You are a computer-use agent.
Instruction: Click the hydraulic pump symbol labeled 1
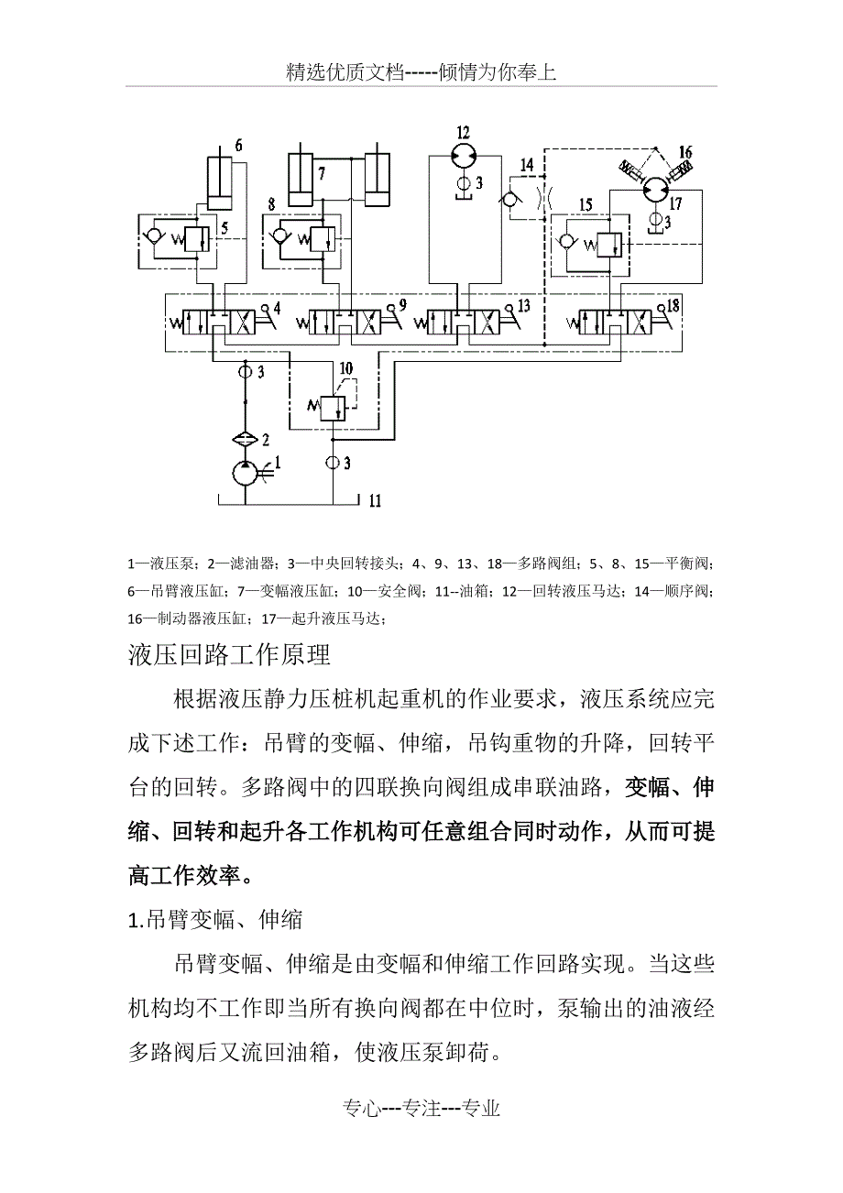246,474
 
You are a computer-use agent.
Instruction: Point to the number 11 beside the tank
375,501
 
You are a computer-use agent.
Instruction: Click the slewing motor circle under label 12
464,155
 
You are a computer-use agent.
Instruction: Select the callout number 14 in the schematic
526,164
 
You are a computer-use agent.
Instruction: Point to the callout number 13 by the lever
524,304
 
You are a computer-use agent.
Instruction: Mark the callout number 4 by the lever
277,305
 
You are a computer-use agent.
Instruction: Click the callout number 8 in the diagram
272,203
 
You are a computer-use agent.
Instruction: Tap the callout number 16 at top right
685,152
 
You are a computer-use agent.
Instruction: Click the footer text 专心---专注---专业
421,1109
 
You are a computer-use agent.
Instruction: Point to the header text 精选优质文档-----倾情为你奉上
421,73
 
